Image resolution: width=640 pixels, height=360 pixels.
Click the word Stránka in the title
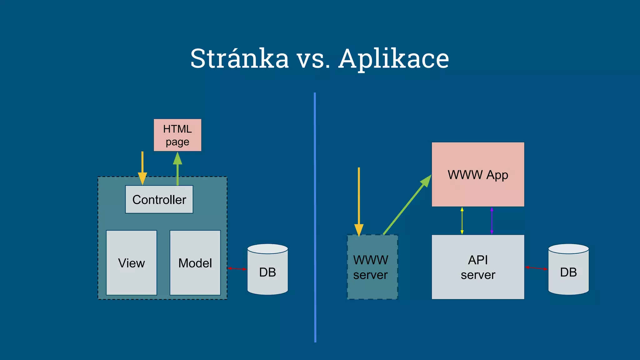click(x=239, y=58)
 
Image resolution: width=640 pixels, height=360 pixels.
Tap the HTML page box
click(x=177, y=135)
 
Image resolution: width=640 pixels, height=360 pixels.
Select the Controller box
click(x=159, y=199)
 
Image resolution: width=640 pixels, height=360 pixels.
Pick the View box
click(x=132, y=263)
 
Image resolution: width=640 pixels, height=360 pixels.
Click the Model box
click(x=195, y=263)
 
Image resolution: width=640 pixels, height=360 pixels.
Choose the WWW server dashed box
click(x=372, y=267)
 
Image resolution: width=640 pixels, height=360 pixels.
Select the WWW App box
click(x=478, y=174)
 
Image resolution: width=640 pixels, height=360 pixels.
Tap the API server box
click(x=478, y=267)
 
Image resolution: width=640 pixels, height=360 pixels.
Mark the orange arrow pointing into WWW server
click(x=359, y=200)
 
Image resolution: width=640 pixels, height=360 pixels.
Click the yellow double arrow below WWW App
click(x=462, y=221)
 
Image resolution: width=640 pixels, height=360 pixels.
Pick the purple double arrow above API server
click(x=492, y=221)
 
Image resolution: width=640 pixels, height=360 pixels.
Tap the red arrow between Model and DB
click(x=237, y=268)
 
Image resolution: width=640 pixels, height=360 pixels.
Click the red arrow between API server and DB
click(x=536, y=268)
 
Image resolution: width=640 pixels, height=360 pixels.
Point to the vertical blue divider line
click(x=315, y=219)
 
